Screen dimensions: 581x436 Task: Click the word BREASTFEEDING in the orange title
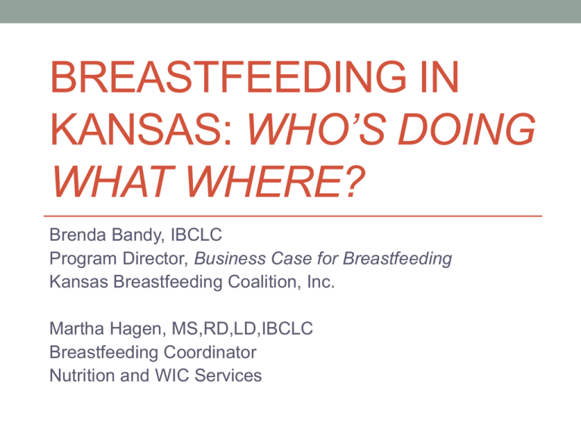(x=228, y=76)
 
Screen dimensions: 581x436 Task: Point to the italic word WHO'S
(x=317, y=129)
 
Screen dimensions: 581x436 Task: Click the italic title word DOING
(x=467, y=129)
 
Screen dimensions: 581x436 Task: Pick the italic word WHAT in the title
(x=113, y=182)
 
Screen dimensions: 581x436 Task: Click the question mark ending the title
(x=353, y=182)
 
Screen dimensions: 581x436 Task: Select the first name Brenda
(x=77, y=235)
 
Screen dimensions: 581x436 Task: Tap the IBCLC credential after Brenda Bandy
(x=196, y=235)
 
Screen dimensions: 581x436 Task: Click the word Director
(x=156, y=258)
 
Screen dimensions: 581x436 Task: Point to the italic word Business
(x=230, y=258)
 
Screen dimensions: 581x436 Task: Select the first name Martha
(x=76, y=329)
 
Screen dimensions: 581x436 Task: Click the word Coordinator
(x=210, y=352)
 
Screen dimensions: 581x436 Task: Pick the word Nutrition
(x=82, y=375)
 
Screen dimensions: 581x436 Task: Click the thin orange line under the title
(x=293, y=216)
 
